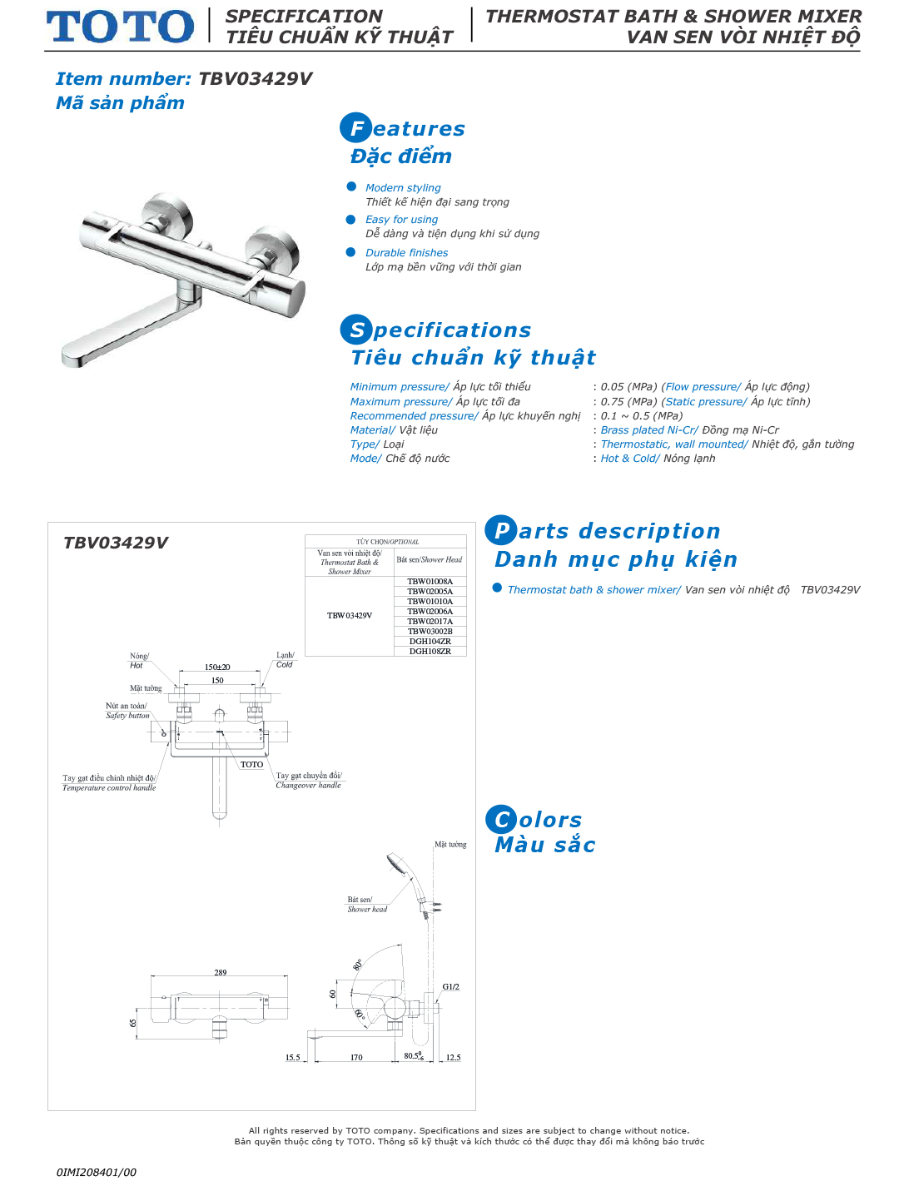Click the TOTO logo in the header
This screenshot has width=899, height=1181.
[x=120, y=27]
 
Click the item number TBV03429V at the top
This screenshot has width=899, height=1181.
[x=255, y=79]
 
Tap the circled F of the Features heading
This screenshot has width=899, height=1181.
[x=355, y=128]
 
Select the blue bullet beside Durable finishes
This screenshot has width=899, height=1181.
[x=351, y=252]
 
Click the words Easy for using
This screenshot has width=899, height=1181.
[x=401, y=220]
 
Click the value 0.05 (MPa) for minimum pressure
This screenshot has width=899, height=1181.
[x=628, y=387]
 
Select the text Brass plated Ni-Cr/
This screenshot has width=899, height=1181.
[x=649, y=430]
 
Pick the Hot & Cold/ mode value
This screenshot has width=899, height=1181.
[x=630, y=459]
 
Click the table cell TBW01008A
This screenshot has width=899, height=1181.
[x=430, y=582]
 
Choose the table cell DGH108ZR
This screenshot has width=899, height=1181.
[x=430, y=652]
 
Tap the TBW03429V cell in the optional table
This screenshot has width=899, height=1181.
[x=350, y=616]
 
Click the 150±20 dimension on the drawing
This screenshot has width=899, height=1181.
[x=217, y=667]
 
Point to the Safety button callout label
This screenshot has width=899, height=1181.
[x=127, y=716]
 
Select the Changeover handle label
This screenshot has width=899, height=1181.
[x=308, y=786]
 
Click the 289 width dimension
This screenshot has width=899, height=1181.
[x=221, y=972]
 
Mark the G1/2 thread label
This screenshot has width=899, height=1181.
[x=450, y=987]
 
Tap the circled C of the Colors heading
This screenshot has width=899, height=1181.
[x=501, y=820]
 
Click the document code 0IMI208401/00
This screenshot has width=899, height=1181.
[x=97, y=1172]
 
